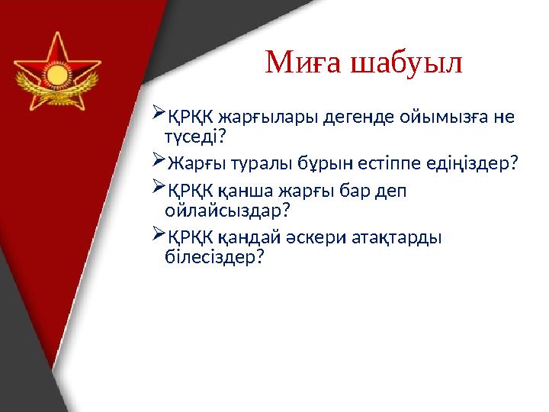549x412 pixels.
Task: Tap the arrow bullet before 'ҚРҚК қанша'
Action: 159,187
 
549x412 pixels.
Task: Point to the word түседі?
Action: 195,137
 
